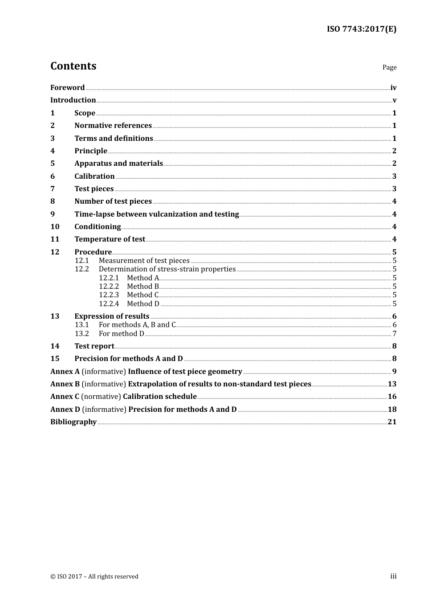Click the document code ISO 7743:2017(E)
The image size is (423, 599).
362,29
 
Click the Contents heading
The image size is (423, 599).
73,66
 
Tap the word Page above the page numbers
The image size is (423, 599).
389,67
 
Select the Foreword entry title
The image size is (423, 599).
67,88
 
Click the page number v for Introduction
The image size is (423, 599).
395,100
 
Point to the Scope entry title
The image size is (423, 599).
85,113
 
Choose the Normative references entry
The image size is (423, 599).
113,126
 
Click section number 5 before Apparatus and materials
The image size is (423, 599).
53,164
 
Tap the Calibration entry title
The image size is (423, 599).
94,176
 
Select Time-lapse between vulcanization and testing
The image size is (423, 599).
157,214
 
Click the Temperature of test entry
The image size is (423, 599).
110,239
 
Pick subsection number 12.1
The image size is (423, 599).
81,261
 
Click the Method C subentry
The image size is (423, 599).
142,295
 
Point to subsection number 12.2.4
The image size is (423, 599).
109,304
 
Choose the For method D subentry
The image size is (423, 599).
121,334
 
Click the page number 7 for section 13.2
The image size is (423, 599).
395,334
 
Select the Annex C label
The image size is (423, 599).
65,397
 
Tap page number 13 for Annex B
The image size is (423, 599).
392,384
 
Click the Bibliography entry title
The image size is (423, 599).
73,422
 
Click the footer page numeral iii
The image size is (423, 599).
393,576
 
